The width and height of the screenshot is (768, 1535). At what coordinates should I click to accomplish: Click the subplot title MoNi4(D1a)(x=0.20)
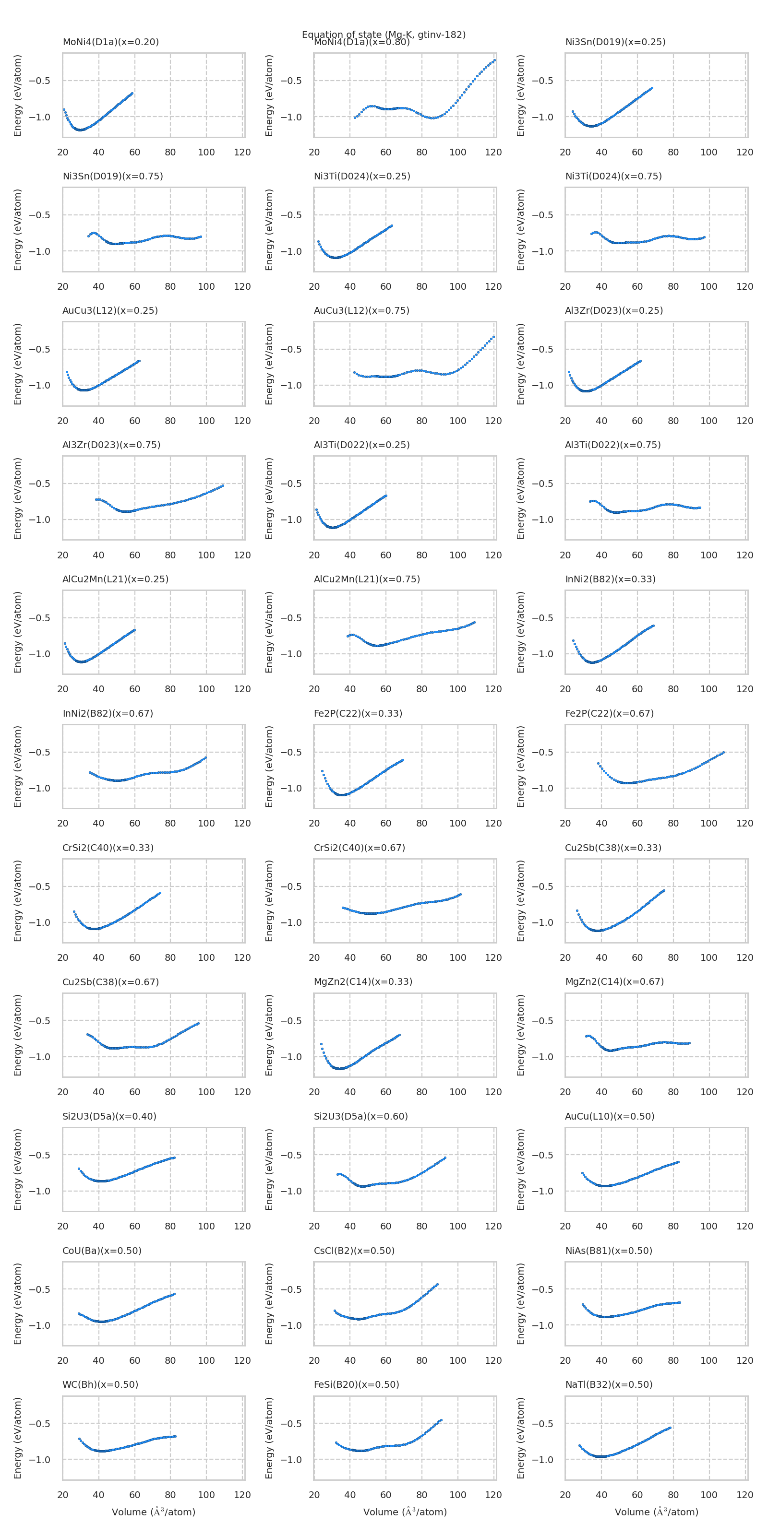click(x=110, y=42)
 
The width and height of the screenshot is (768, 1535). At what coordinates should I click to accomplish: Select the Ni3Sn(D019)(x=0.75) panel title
click(x=113, y=177)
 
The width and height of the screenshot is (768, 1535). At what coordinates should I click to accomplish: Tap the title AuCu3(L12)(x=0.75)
click(x=361, y=310)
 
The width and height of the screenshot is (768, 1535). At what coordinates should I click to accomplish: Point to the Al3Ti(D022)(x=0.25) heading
click(x=361, y=445)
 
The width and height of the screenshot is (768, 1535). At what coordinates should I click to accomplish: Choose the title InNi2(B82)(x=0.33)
click(x=610, y=579)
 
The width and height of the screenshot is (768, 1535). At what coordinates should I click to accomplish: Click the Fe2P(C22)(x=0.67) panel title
click(x=610, y=713)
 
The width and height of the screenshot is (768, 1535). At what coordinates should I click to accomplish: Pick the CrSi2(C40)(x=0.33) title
click(x=108, y=848)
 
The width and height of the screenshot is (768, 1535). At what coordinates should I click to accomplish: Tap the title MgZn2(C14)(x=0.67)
click(x=614, y=981)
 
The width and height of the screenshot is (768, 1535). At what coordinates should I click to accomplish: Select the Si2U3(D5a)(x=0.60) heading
click(x=361, y=1116)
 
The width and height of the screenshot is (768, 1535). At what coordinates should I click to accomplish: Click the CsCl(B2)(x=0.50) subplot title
click(x=354, y=1251)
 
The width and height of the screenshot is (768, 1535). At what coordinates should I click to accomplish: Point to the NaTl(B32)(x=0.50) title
click(x=609, y=1384)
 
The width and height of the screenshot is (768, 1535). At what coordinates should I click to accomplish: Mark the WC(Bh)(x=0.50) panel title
click(x=100, y=1384)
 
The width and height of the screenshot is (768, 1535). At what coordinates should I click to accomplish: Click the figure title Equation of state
click(x=384, y=34)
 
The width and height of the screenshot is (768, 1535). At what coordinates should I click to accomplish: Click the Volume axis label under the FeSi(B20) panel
click(x=405, y=1512)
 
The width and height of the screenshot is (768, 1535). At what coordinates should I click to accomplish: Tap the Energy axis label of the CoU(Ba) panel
click(x=18, y=1304)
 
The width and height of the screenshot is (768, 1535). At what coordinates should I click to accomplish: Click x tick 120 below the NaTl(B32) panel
click(x=745, y=1495)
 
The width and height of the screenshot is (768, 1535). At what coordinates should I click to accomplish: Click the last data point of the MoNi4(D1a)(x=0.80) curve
click(x=494, y=60)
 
